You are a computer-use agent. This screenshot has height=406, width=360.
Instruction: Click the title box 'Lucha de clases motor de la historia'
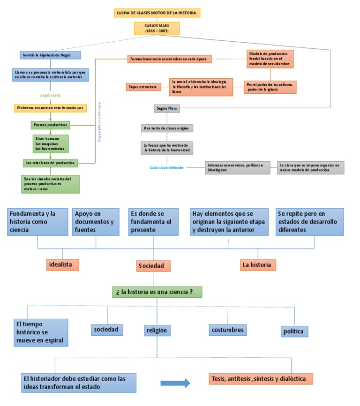tap(157, 13)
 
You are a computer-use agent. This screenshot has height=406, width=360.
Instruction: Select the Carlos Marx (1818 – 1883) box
tap(157, 28)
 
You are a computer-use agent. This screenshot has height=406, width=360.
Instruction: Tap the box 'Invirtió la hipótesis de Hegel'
tap(51, 55)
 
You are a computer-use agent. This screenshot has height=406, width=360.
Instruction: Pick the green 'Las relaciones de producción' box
tap(51, 163)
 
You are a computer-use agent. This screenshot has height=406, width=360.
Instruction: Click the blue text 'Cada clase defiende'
tap(166, 167)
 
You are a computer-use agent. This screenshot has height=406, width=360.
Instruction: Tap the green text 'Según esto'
tap(50, 95)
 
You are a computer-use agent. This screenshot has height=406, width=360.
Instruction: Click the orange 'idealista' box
tap(62, 264)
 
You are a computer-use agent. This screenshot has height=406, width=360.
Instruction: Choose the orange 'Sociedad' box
tap(153, 266)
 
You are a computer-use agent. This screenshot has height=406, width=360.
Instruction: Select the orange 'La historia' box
tap(257, 265)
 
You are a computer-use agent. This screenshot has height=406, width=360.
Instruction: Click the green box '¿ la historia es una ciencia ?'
tap(157, 292)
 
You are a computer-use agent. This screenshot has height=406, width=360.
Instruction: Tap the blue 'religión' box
tap(157, 331)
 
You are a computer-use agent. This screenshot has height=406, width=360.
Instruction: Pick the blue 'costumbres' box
tap(227, 330)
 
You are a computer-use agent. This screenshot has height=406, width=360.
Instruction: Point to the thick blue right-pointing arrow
tap(175, 383)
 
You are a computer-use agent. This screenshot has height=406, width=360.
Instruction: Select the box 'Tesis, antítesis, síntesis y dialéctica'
tap(260, 379)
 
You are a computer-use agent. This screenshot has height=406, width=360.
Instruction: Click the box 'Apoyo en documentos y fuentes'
tap(96, 222)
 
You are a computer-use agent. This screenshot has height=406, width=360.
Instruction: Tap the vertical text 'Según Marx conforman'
tap(99, 122)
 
